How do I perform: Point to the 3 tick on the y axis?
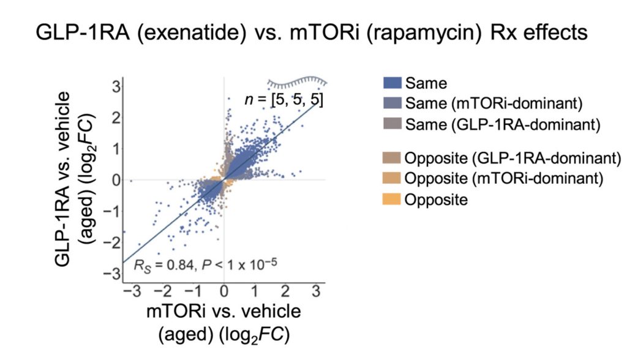tap(115, 86)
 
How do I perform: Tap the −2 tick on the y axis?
tap(113, 243)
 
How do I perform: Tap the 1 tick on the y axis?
tap(115, 149)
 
